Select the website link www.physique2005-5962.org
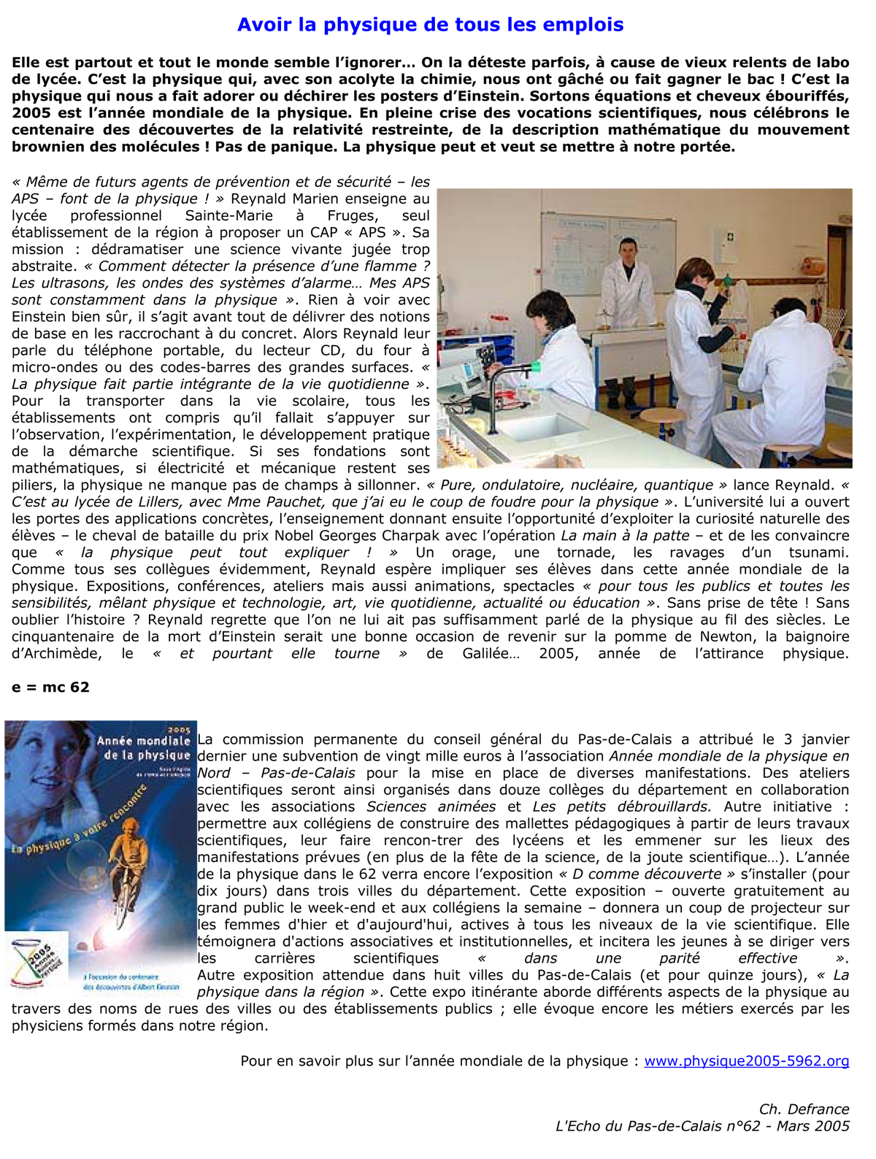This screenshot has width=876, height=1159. (746, 1060)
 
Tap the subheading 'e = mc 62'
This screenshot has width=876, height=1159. (50, 687)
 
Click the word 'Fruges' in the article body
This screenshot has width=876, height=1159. (352, 215)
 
